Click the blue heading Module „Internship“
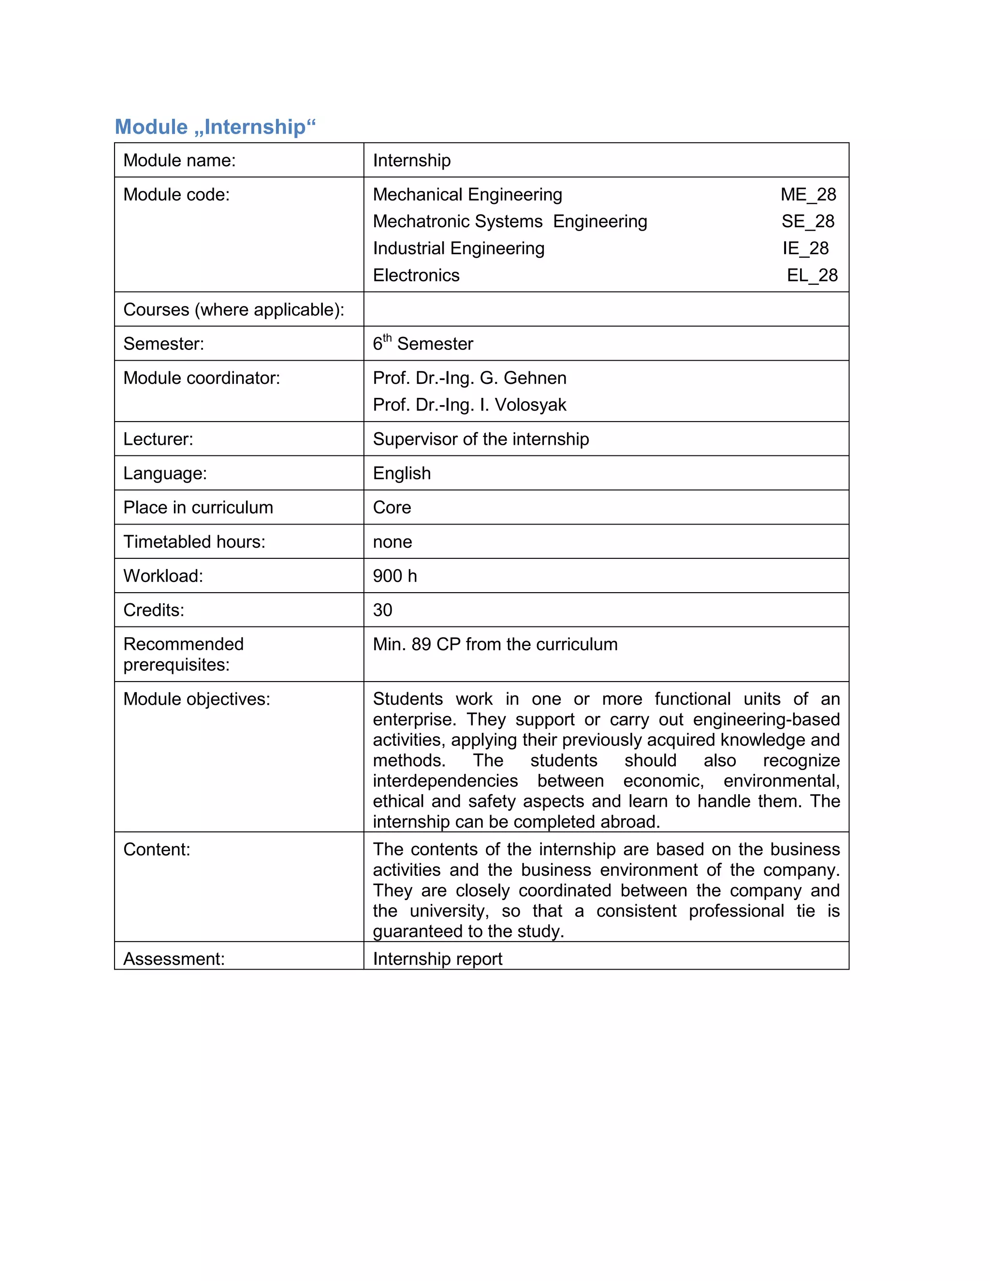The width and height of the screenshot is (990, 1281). (215, 127)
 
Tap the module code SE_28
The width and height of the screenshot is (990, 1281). (808, 221)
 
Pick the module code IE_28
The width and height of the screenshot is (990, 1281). (805, 248)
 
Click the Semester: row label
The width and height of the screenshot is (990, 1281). (164, 344)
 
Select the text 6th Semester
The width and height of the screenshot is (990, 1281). (422, 343)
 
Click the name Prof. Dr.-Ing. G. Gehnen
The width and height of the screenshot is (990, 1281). (469, 378)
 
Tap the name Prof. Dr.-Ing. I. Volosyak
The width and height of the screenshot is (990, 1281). (469, 405)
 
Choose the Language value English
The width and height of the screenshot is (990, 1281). (402, 473)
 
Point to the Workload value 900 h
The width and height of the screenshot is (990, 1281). (395, 576)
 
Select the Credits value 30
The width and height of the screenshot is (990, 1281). (382, 610)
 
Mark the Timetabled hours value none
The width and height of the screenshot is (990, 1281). (393, 542)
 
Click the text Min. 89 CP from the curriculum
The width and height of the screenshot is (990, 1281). (495, 644)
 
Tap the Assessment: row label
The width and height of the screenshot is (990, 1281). (174, 959)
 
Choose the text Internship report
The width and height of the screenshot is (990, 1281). (437, 959)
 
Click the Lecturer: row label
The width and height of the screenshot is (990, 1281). (159, 439)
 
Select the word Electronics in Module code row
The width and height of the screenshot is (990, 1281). (416, 275)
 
